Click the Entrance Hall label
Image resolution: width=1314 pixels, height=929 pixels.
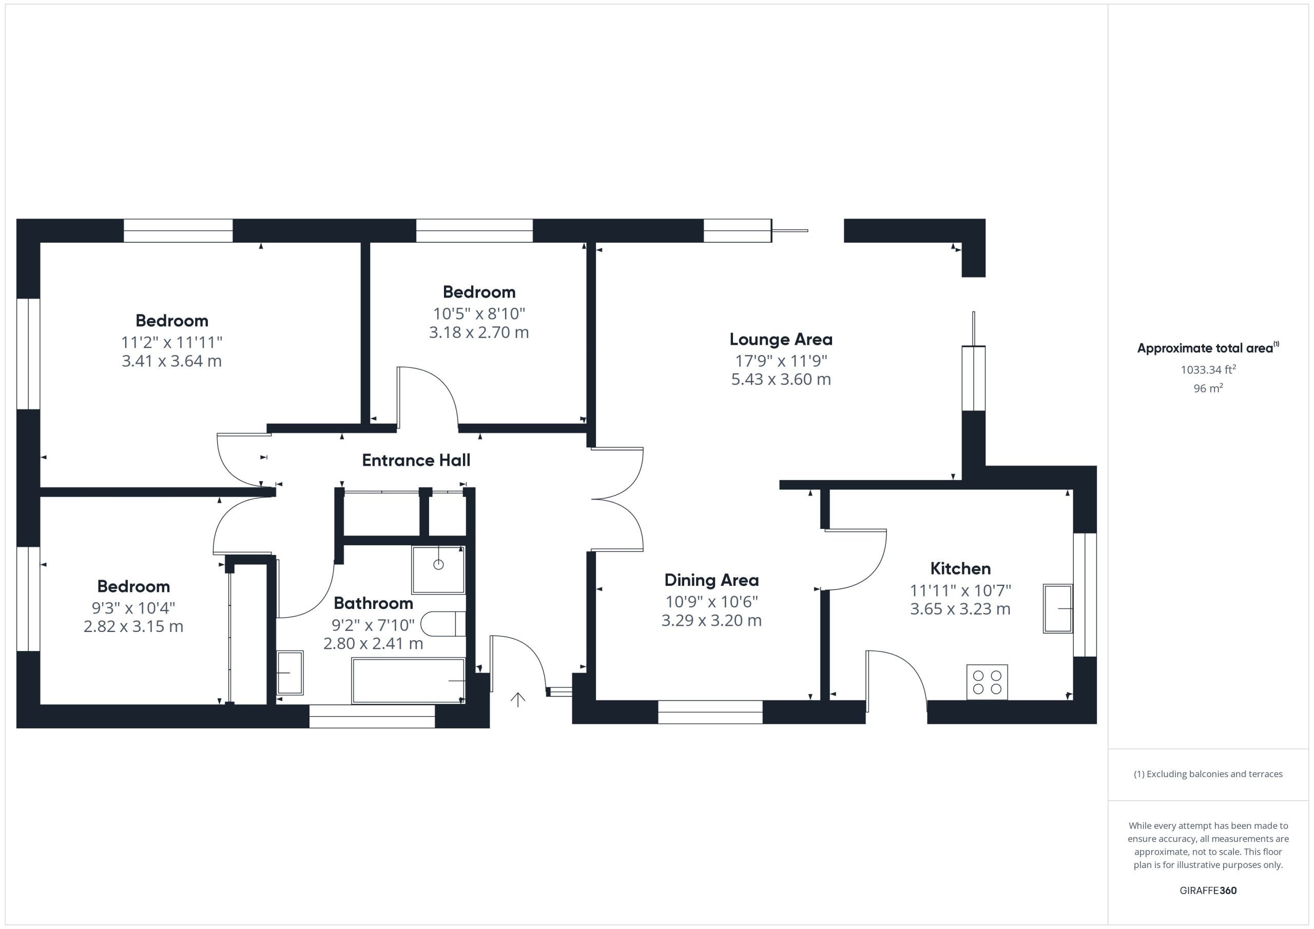(x=416, y=460)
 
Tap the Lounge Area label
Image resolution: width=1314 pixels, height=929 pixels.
(x=781, y=339)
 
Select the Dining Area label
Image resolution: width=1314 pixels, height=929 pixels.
(x=711, y=580)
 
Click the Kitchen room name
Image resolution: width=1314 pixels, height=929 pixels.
(x=960, y=568)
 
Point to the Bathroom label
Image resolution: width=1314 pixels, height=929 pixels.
(x=373, y=603)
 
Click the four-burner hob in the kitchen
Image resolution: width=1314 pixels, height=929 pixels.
(x=987, y=682)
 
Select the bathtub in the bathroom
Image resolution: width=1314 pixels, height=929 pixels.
(x=408, y=681)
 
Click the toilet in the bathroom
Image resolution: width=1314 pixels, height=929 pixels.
(x=443, y=624)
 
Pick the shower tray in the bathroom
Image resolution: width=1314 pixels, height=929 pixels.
(x=438, y=570)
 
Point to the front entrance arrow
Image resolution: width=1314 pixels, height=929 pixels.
(x=518, y=700)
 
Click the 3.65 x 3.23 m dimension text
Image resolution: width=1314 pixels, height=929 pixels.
(x=960, y=609)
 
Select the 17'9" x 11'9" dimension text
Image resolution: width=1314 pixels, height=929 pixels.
(x=781, y=361)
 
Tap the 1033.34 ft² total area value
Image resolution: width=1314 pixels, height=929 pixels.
(x=1208, y=369)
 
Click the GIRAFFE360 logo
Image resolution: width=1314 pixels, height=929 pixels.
(x=1208, y=891)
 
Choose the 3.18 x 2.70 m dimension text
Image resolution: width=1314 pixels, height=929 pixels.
(x=479, y=332)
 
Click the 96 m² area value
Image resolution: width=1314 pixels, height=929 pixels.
(x=1208, y=388)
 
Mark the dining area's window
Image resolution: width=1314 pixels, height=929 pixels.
(x=710, y=712)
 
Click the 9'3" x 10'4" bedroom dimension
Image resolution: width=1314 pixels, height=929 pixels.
(x=133, y=607)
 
